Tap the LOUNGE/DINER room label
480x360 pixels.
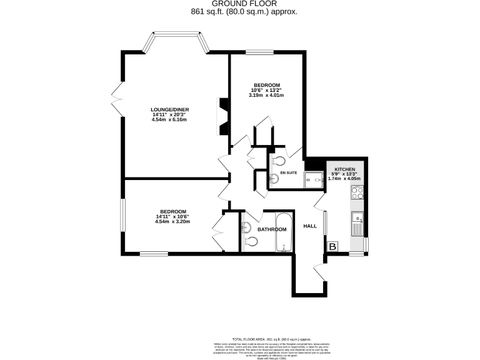[169, 110]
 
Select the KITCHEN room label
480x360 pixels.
[345, 169]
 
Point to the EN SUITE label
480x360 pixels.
[288, 172]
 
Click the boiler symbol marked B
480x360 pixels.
[332, 247]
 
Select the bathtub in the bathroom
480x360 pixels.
[284, 231]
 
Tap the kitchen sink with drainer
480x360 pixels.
[358, 223]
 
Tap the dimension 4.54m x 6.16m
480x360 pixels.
[170, 119]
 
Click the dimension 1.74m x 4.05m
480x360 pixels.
[344, 179]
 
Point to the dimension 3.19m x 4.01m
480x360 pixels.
[266, 96]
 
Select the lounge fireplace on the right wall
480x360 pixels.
[222, 117]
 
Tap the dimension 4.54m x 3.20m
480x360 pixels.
[172, 221]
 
